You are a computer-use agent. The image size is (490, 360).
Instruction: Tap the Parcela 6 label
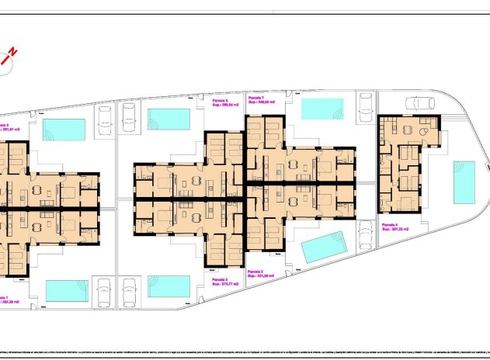tap(220, 100)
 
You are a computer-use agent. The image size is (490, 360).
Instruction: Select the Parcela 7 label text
tap(255, 97)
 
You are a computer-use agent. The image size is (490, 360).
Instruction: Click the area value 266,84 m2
tap(224, 105)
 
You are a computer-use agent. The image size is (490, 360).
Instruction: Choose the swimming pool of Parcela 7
tap(322, 109)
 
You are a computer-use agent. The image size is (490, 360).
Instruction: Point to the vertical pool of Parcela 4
tap(464, 180)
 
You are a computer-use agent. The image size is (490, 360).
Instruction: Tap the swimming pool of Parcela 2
tap(169, 286)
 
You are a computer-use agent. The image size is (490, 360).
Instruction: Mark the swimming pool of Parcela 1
tap(67, 290)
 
